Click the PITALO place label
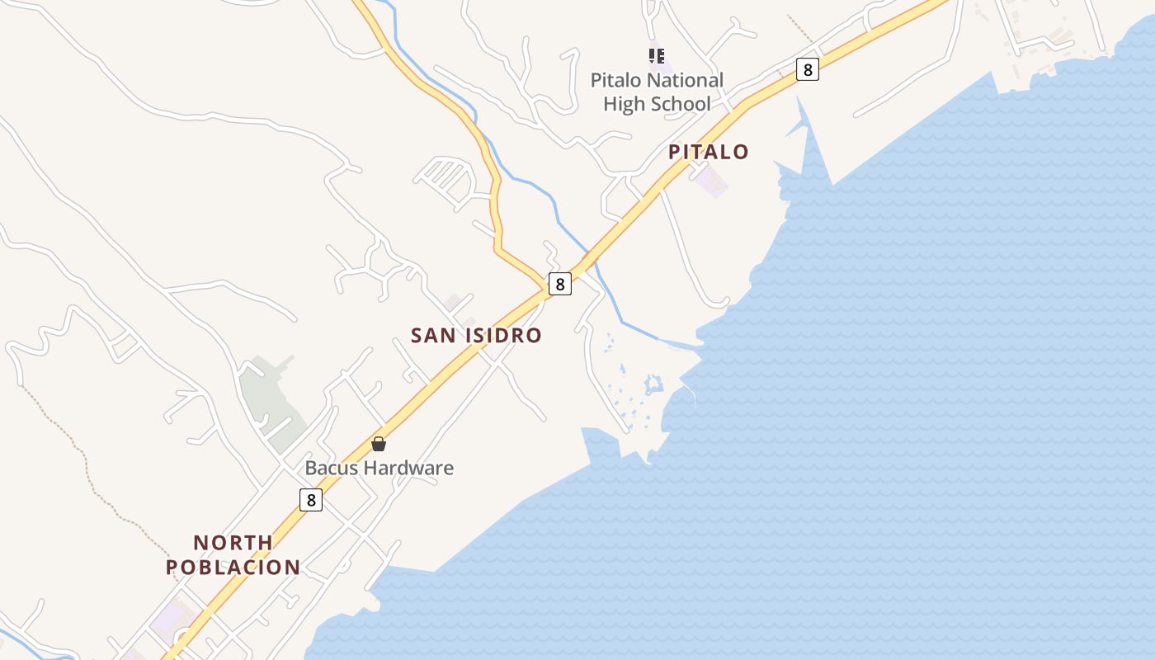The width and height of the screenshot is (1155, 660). (708, 152)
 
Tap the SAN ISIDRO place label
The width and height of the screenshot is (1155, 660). (476, 335)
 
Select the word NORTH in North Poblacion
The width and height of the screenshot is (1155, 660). (233, 543)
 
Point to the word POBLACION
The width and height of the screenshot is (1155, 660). (233, 568)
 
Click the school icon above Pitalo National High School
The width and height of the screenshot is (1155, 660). (657, 56)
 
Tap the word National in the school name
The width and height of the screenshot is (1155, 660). (684, 80)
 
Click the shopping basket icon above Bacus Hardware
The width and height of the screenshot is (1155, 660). (379, 444)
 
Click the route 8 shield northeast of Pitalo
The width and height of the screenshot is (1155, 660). (808, 69)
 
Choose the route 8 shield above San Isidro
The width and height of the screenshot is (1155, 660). (560, 284)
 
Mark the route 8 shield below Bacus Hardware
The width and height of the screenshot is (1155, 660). (310, 499)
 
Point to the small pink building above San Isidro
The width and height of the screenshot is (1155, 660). (452, 303)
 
